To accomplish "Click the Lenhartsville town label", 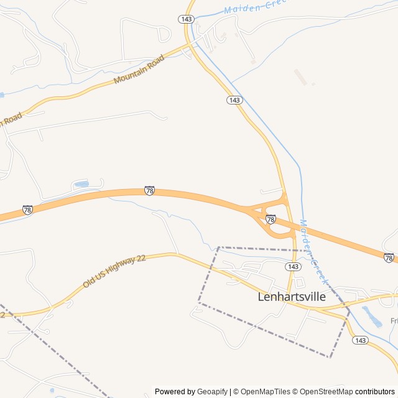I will [x=291, y=297].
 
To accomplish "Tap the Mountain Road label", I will [x=139, y=70].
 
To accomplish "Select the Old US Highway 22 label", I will [x=114, y=271].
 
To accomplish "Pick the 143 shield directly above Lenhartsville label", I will [x=294, y=266].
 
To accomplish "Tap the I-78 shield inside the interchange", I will [x=271, y=220].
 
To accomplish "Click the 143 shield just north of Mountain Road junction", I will [x=186, y=19].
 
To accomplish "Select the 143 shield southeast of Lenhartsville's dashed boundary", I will [x=359, y=340].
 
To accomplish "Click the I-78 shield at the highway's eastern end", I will [x=389, y=257].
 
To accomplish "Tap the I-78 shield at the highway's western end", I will [x=27, y=210].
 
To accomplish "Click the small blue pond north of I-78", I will [x=81, y=184].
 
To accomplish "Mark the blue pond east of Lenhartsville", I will [x=372, y=317].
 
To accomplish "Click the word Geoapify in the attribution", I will [x=212, y=392].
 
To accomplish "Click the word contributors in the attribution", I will [x=375, y=392].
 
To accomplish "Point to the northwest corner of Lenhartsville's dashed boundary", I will [x=219, y=248].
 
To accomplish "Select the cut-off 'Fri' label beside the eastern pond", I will [x=394, y=321].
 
